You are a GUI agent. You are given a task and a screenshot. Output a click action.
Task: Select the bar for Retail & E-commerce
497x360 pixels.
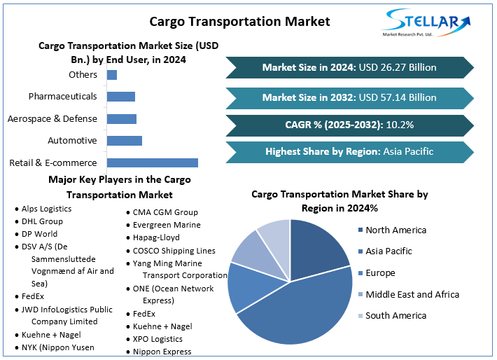[x=152, y=162]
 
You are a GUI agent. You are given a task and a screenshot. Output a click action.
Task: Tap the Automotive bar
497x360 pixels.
[x=124, y=141]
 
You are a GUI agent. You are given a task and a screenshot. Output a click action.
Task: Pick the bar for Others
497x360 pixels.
[x=111, y=75]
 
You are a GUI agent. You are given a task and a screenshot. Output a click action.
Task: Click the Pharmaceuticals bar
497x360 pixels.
[x=120, y=97]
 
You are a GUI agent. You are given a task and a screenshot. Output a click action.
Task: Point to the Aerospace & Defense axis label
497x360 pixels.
[x=52, y=118]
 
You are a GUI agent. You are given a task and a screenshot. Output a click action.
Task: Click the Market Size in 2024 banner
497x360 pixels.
[x=349, y=67]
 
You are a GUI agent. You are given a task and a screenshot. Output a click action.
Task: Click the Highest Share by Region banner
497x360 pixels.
[x=349, y=151]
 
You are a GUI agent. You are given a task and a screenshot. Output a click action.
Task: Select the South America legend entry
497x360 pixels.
[x=395, y=315]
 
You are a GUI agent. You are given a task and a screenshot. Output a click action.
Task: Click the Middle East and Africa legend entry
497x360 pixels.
[x=412, y=294]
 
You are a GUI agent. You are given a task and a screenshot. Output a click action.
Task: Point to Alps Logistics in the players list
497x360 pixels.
[x=46, y=209]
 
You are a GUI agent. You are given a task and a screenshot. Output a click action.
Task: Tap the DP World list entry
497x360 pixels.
[x=39, y=234]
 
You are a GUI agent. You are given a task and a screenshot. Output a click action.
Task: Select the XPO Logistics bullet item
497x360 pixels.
[x=157, y=339]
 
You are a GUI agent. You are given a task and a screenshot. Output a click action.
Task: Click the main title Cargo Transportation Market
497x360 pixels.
[x=248, y=21]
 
